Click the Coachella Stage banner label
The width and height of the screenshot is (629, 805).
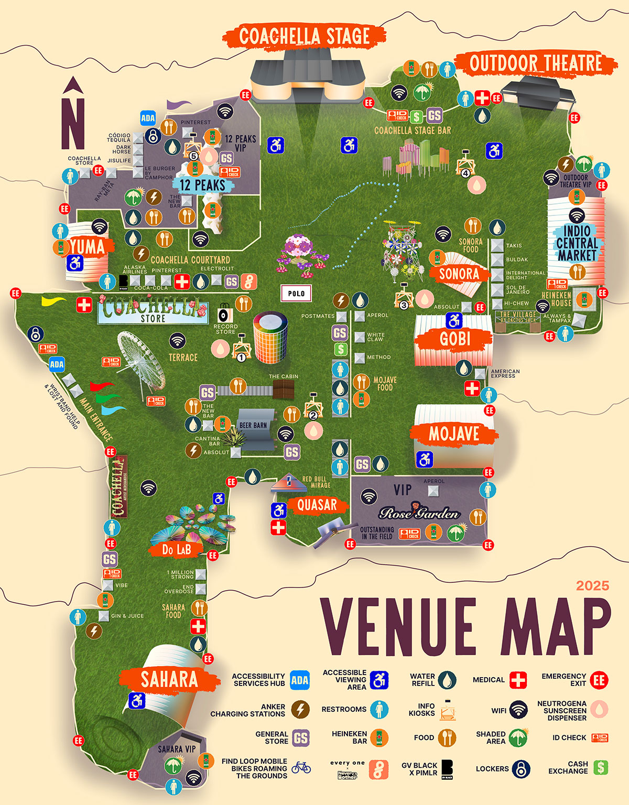click(305, 37)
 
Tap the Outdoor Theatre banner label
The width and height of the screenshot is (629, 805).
click(536, 63)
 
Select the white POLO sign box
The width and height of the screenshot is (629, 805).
click(296, 293)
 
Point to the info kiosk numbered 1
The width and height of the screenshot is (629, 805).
click(241, 347)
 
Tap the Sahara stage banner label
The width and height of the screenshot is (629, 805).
click(169, 680)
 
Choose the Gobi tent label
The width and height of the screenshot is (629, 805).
click(454, 339)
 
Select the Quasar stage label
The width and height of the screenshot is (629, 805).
click(317, 505)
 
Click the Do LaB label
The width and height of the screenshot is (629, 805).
click(176, 549)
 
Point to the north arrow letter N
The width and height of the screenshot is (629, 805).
click(73, 121)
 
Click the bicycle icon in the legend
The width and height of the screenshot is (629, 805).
click(301, 768)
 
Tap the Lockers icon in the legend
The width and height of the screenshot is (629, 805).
click(520, 769)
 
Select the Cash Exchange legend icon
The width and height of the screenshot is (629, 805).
click(601, 768)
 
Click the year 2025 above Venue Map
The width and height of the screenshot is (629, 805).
click(592, 585)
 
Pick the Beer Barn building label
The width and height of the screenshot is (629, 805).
click(253, 425)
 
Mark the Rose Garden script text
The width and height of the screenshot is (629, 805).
click(419, 513)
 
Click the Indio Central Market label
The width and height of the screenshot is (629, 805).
click(577, 243)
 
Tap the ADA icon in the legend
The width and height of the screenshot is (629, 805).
click(299, 680)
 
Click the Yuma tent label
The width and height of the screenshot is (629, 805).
click(88, 246)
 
